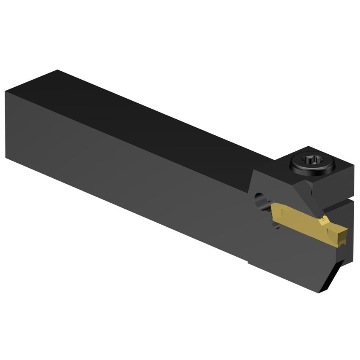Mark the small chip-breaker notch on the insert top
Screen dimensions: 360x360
pyautogui.click(x=323, y=219)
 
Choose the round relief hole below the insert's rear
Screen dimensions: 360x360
pyautogui.click(x=276, y=226)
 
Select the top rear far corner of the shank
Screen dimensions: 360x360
pyautogui.click(x=57, y=71)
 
